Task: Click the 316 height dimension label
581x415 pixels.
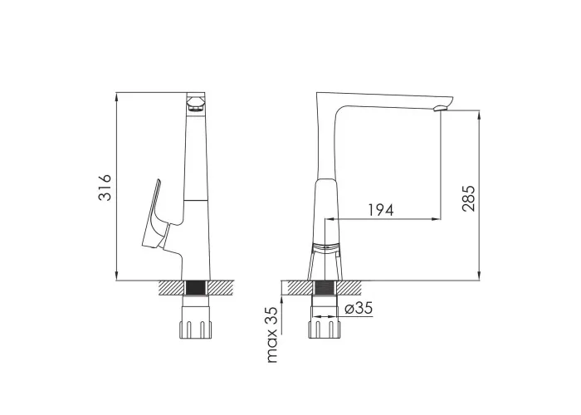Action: (105, 188)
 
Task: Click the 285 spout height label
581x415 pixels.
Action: (468, 198)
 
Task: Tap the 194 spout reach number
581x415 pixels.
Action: (380, 210)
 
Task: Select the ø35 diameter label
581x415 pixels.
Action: (359, 308)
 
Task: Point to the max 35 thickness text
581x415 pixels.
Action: (272, 334)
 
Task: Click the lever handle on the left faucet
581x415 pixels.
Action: (155, 215)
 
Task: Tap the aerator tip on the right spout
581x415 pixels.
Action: (440, 108)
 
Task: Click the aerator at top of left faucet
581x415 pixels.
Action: (195, 104)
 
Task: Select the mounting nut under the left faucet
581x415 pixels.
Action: (195, 322)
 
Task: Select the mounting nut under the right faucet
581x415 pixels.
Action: (325, 322)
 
